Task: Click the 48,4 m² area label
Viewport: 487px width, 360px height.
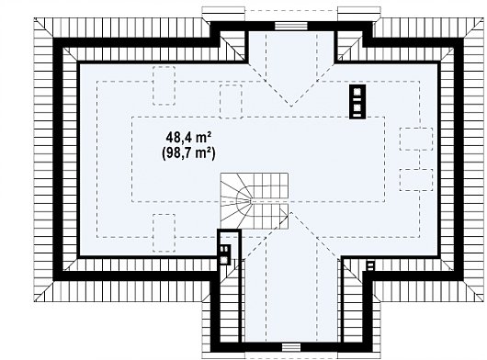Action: click(189, 137)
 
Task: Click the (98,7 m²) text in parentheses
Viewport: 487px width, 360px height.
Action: click(188, 153)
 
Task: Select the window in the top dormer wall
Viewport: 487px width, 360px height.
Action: click(291, 26)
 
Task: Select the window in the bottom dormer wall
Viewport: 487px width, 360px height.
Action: click(291, 347)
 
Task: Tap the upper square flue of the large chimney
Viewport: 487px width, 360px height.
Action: click(357, 92)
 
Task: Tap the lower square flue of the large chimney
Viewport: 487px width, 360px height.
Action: click(357, 108)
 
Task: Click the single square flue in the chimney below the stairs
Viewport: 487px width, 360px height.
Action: click(223, 260)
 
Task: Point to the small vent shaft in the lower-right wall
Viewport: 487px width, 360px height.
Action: click(370, 266)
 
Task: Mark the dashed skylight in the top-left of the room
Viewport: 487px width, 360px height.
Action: click(164, 85)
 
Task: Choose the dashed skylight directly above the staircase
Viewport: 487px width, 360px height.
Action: click(231, 101)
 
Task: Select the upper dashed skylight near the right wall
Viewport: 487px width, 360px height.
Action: click(416, 139)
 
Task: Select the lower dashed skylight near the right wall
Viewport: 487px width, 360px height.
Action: click(416, 180)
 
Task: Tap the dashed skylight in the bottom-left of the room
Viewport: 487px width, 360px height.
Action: click(164, 232)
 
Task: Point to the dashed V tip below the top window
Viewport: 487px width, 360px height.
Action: click(291, 107)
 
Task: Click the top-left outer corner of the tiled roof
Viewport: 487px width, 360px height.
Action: click(34, 17)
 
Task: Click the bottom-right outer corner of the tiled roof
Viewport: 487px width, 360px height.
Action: click(483, 301)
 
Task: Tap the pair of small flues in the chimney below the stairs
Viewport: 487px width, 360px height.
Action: click(223, 249)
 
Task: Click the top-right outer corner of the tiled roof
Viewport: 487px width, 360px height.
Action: click(483, 17)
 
